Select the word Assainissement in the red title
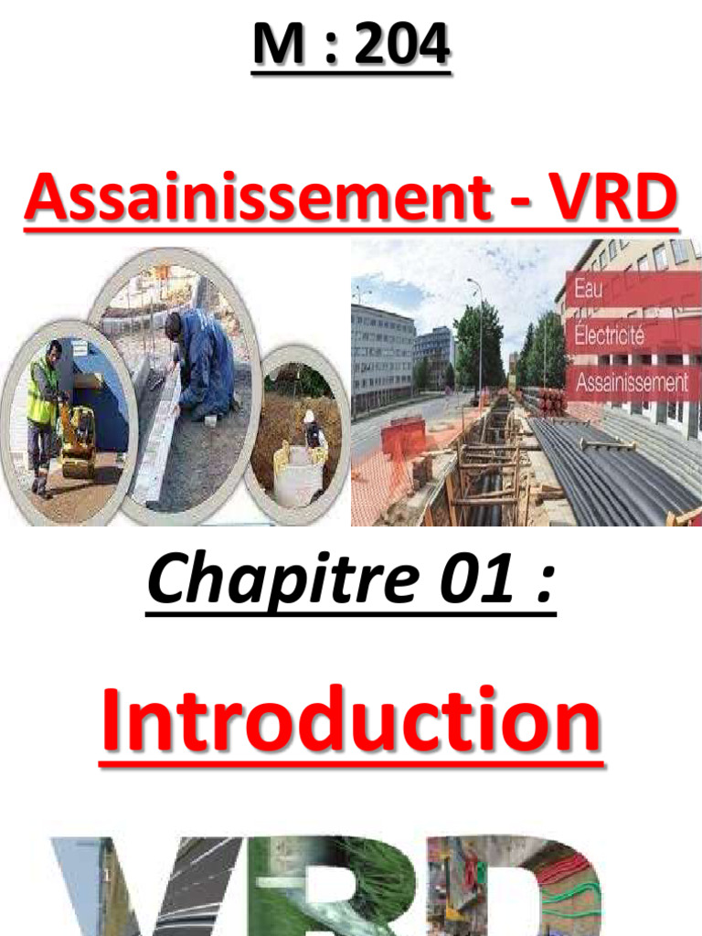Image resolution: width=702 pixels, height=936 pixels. click(257, 199)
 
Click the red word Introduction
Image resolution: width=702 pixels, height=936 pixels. click(351, 722)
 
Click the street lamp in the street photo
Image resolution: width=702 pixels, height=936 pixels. click(478, 338)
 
